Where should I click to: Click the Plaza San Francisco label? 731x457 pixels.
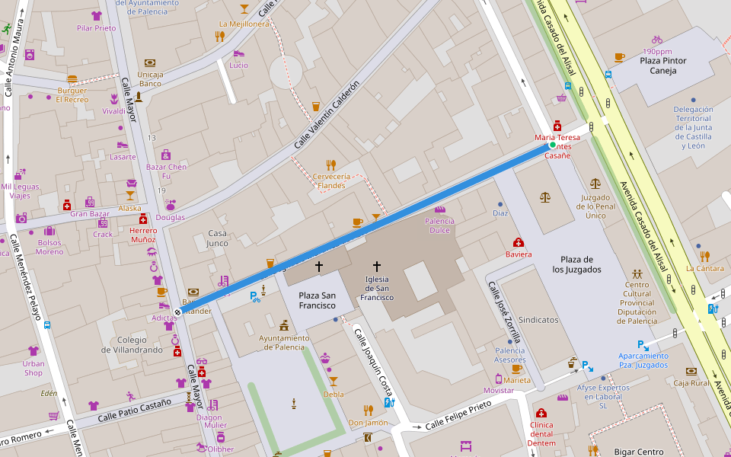point(317,300)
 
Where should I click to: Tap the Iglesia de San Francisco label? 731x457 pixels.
point(377,288)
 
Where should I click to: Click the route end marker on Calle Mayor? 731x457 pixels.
point(177,312)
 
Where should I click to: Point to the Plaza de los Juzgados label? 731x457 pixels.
point(576,264)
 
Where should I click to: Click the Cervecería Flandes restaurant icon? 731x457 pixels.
point(331,165)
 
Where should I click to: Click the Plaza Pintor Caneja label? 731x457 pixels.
point(662,66)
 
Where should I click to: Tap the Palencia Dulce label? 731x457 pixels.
point(439,225)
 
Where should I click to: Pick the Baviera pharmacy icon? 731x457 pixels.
point(519,242)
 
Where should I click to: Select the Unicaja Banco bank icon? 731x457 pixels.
point(150,62)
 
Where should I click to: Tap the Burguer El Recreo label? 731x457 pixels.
point(72,94)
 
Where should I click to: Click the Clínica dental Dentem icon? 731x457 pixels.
point(541,413)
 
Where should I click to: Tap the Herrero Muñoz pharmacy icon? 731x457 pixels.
point(142,219)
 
